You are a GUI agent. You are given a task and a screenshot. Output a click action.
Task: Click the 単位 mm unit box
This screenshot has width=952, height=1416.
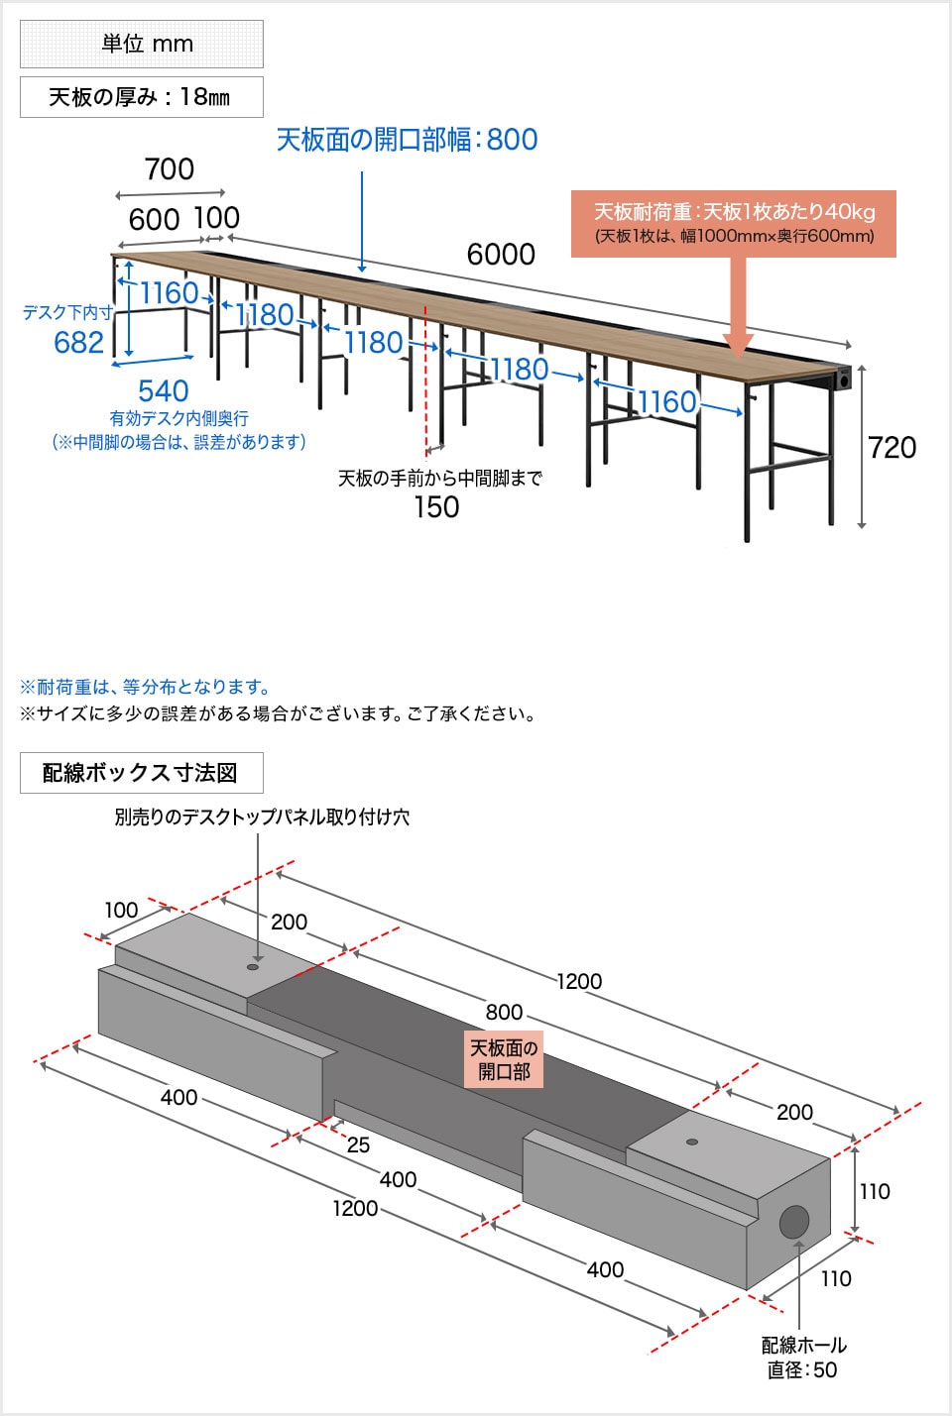pos(142,45)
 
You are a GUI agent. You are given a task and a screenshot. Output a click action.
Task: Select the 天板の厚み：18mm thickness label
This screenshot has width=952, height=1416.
pos(142,97)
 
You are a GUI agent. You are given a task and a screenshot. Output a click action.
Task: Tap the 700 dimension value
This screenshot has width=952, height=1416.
pos(170,169)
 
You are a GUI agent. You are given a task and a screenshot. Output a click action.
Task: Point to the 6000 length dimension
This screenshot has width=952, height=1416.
pos(501,255)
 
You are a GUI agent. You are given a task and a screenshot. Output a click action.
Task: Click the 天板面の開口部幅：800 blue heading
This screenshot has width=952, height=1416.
pos(407,140)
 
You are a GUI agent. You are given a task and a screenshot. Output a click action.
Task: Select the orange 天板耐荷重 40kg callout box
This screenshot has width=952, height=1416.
pos(733,223)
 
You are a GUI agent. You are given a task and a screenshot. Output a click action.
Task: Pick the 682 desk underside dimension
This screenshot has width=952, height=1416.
pos(78,343)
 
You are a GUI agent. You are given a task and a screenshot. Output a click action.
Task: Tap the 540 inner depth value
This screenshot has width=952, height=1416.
pos(164,391)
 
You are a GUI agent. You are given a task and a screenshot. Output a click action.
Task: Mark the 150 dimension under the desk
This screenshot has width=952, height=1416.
pos(436,507)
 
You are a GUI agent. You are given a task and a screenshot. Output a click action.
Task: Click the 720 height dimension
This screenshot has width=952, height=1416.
pos(892,448)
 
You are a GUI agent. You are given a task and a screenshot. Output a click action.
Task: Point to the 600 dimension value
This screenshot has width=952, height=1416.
pos(154,220)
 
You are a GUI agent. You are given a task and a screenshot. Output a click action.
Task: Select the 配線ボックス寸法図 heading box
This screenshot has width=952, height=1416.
pos(141,773)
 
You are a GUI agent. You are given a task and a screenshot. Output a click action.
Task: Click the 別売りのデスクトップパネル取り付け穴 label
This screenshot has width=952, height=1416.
pos(262,817)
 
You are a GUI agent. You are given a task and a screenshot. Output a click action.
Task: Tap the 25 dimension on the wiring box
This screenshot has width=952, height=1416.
pos(358,1145)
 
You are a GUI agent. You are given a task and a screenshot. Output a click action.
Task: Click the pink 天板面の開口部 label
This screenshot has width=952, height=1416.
pos(504,1059)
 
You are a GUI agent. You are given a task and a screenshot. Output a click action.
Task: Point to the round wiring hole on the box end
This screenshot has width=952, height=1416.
pos(793,1222)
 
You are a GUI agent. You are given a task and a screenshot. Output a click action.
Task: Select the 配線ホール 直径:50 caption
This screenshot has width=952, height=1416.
pos(803,1358)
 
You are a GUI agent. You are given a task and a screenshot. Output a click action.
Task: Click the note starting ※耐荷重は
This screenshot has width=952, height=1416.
pos(145,687)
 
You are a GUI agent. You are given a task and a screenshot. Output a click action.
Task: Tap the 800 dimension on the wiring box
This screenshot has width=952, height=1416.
pos(504,1012)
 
